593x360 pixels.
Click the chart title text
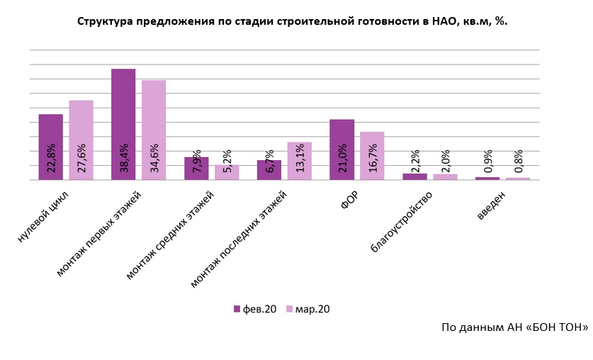click(x=292, y=21)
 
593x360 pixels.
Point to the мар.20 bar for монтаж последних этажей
click(x=299, y=161)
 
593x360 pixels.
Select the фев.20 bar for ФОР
click(x=342, y=150)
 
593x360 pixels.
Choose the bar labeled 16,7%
click(x=372, y=155)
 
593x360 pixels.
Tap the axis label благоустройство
click(x=400, y=221)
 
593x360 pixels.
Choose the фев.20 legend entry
click(x=255, y=309)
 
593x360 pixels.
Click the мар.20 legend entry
click(x=307, y=309)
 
